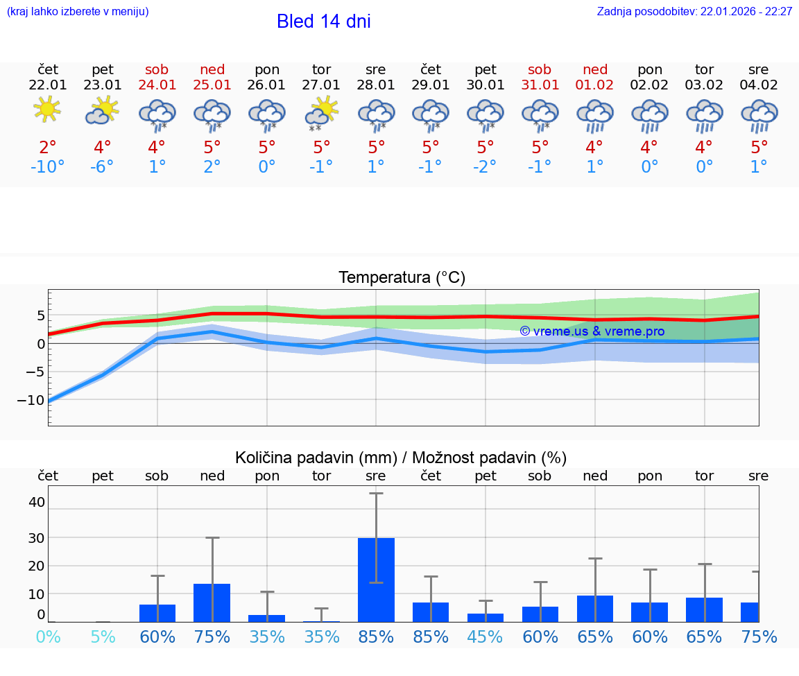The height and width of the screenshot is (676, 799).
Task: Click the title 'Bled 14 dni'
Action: click(323, 21)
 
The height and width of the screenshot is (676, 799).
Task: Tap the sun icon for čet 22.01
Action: click(47, 110)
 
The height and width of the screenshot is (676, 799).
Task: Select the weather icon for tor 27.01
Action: click(322, 112)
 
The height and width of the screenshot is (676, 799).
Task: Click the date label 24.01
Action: click(157, 85)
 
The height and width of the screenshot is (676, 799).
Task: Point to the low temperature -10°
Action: click(47, 167)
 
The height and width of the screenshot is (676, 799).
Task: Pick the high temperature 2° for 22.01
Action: click(47, 147)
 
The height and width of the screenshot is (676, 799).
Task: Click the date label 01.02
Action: click(594, 85)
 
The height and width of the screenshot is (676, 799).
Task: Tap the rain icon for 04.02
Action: click(759, 115)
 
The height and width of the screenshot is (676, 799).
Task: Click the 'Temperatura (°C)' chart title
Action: click(402, 278)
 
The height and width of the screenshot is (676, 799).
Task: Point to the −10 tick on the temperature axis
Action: click(32, 400)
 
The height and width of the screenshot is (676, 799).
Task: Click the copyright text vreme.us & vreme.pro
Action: click(592, 331)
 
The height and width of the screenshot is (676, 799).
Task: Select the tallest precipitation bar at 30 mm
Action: click(376, 580)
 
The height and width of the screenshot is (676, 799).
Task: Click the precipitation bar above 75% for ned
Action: click(212, 603)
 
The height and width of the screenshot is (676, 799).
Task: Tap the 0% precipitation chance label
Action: click(47, 636)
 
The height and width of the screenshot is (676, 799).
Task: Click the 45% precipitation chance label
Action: click(485, 636)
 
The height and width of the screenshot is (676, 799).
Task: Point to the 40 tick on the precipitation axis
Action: click(37, 502)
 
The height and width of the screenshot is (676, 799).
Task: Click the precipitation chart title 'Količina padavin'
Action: click(401, 458)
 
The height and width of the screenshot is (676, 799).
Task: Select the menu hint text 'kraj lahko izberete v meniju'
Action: click(78, 12)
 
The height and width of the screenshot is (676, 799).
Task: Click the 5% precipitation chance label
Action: click(103, 636)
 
